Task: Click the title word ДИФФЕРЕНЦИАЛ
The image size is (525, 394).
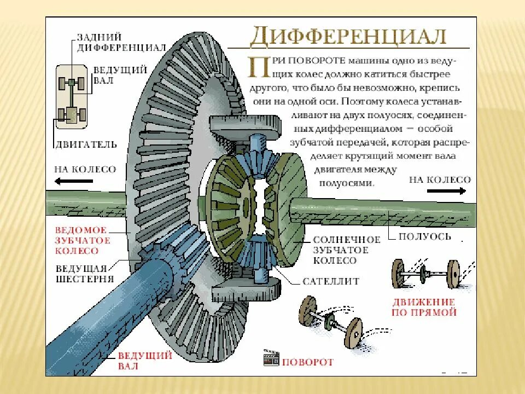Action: pyautogui.click(x=348, y=37)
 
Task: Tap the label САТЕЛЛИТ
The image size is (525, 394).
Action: pyautogui.click(x=331, y=281)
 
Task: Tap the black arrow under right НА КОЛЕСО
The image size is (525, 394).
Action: pyautogui.click(x=446, y=190)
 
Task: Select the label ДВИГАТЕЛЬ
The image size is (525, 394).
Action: pyautogui.click(x=85, y=145)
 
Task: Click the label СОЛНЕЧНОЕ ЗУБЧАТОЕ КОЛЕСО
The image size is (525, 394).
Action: pyautogui.click(x=346, y=250)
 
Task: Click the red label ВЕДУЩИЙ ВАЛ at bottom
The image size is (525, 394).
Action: pyautogui.click(x=144, y=361)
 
